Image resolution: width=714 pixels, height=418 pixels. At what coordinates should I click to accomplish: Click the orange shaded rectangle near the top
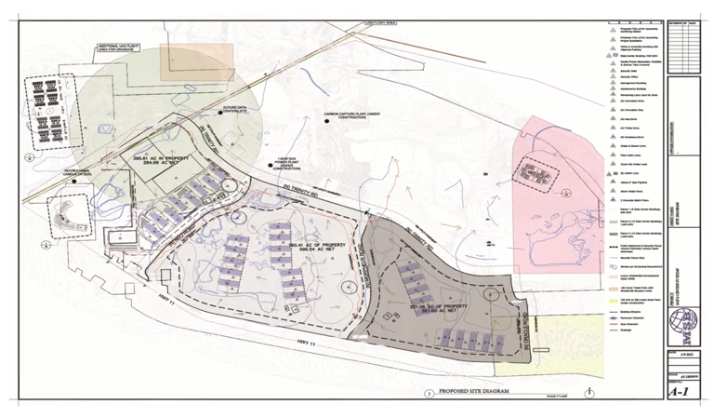[191, 62]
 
